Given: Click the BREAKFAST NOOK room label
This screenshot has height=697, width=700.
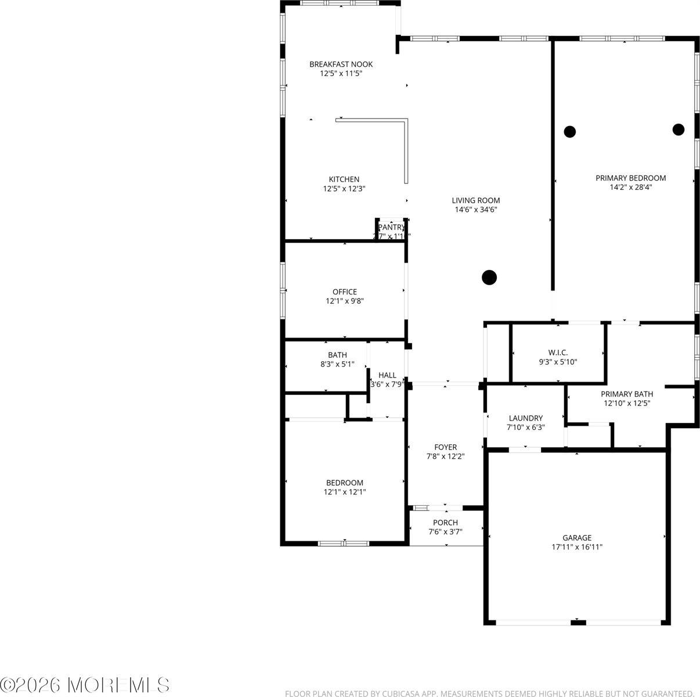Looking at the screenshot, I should pos(341,64).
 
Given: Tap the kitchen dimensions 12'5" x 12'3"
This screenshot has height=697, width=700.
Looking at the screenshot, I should pos(344,189).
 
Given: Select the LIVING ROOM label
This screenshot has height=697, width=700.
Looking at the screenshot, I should pos(476,200).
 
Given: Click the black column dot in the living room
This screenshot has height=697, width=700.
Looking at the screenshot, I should pos(489,278).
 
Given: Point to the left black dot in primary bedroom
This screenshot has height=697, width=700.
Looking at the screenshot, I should pos(570,131).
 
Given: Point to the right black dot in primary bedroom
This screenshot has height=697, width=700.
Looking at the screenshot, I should pos(679,130).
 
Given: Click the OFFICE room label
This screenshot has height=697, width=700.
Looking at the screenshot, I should pos(345,292).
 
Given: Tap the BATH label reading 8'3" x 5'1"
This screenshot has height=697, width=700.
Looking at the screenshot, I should pos(337,355).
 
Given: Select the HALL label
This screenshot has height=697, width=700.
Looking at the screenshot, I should pos(387,375).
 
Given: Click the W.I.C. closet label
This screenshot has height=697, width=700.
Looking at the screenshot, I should pos(558,353).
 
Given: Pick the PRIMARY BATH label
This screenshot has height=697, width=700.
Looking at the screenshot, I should pos(627,394).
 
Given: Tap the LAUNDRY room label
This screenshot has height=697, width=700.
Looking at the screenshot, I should pos(525,418).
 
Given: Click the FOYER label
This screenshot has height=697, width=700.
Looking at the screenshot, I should pos(445,447).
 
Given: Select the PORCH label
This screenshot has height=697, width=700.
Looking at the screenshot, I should pos(445,523).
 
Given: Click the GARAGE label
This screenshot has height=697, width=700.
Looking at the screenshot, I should pos(577,538).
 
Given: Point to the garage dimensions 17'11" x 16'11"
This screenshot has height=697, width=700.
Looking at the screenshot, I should pos(577,547).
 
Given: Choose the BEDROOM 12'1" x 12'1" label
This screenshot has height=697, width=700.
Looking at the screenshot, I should pos(345,483).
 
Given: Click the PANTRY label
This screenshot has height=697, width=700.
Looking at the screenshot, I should pos(391,227).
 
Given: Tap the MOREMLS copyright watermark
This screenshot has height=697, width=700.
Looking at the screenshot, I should pos(85,685).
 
